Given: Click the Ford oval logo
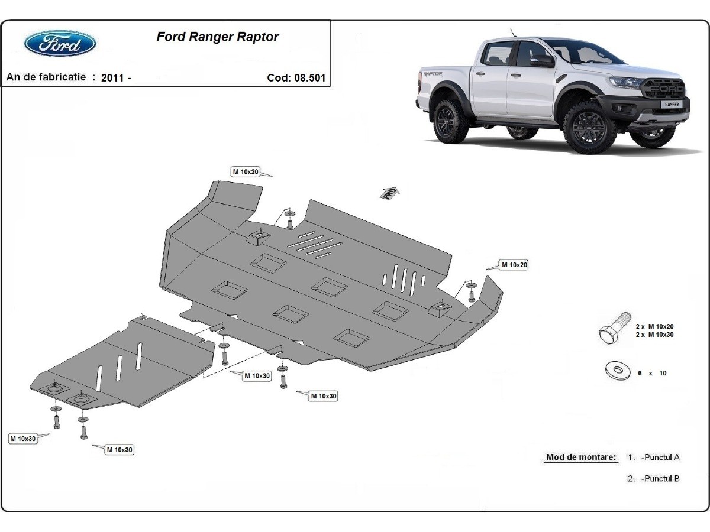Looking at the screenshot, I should pos(60,44).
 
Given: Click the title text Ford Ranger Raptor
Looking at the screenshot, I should pos(217,37).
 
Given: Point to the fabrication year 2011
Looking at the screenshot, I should pos(112,78).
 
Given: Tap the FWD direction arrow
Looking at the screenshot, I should pos(390,194).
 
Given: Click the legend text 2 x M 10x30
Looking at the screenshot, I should pos(654,335).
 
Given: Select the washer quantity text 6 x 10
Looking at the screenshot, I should pos(651,373).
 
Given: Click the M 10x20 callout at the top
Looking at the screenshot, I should pos(246,171).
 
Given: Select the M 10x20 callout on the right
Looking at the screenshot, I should pos(514,265).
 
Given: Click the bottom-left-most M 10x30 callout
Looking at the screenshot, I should pos(23,438).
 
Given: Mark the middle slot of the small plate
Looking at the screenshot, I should pos(119,369).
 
